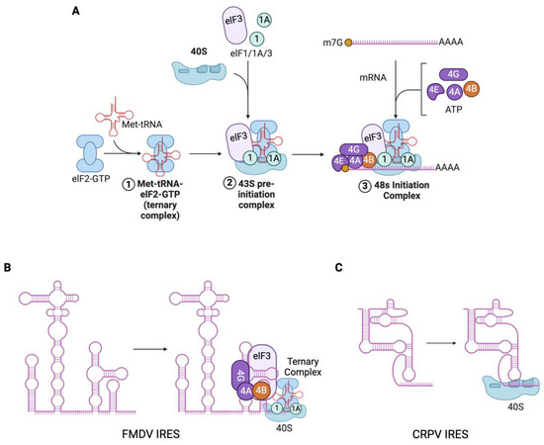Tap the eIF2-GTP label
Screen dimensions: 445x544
[x=84, y=183]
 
